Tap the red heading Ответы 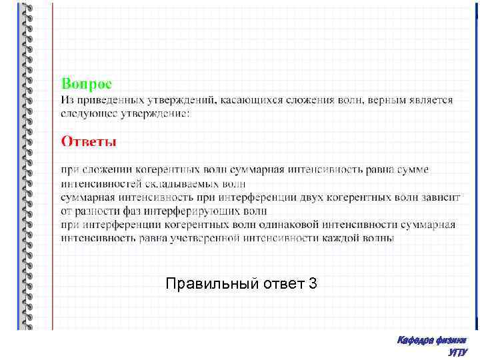(89, 141)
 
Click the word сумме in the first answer (414, 170)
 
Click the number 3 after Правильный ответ (313, 285)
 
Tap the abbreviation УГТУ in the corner (458, 353)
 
